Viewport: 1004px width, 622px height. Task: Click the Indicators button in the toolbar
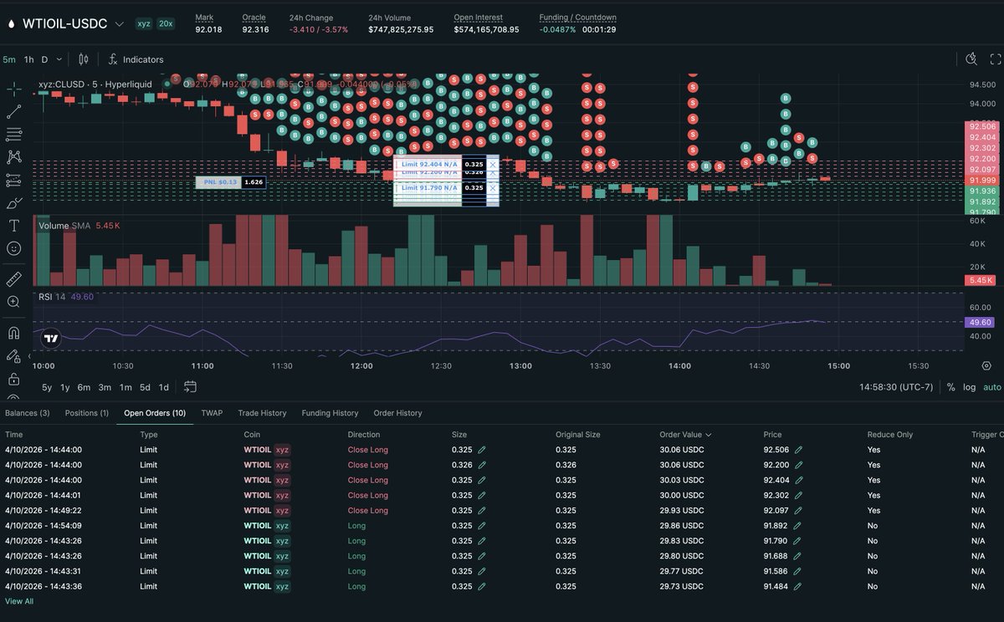point(136,59)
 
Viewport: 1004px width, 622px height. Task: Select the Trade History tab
point(262,413)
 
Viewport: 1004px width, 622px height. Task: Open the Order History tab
point(397,413)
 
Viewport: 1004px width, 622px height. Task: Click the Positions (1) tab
point(87,413)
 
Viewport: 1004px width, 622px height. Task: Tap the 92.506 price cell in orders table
point(776,450)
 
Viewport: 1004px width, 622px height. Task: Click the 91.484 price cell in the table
point(776,586)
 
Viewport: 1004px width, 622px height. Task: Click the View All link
point(19,601)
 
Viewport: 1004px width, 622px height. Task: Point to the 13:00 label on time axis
point(520,366)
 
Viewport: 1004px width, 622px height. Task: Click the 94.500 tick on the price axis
point(982,84)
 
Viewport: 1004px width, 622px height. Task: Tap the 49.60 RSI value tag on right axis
point(979,322)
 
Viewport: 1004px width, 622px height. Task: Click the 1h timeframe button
point(29,59)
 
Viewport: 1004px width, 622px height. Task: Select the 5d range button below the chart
point(145,387)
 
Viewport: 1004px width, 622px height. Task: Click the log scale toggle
point(969,387)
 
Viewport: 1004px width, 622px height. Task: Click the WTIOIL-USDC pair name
point(64,23)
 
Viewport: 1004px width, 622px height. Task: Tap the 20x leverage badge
point(166,23)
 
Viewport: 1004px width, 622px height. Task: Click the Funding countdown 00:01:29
point(599,29)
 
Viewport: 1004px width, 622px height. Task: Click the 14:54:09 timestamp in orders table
point(44,526)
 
